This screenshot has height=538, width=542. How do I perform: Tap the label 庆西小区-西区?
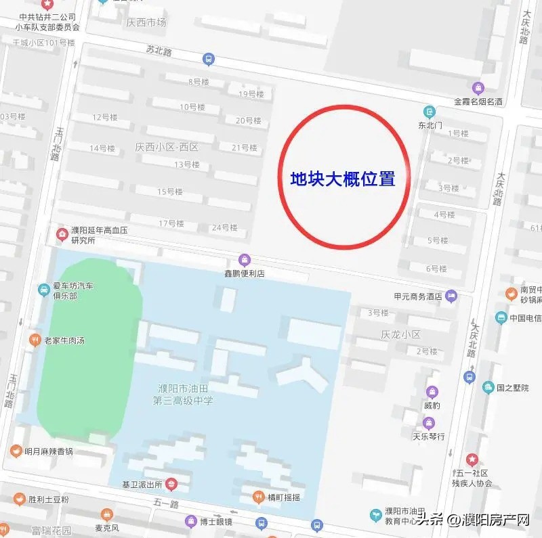[166, 147]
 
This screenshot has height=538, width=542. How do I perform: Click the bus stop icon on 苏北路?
[209, 60]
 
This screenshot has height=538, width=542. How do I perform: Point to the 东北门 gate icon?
[430, 112]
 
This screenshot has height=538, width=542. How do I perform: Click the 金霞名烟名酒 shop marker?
[478, 88]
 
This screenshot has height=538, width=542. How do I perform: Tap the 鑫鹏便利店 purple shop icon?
[245, 260]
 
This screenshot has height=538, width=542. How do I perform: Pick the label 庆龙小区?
[400, 335]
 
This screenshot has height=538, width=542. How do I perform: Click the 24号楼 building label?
[224, 227]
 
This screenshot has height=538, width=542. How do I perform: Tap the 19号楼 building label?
[251, 94]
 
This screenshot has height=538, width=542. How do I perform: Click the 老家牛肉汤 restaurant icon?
[35, 340]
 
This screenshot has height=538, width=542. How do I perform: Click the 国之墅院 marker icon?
[488, 388]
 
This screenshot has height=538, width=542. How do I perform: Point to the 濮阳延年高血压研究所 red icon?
[62, 235]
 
